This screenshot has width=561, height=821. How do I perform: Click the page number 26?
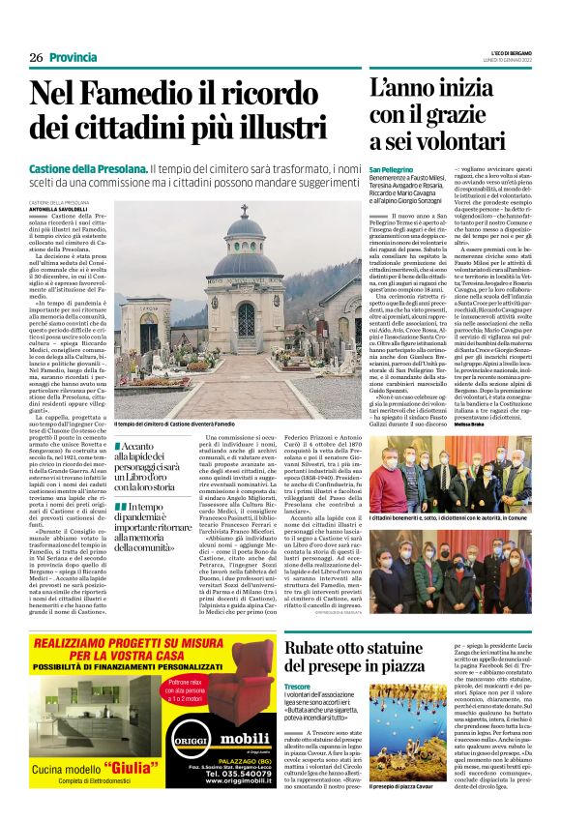[x=36, y=57]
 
